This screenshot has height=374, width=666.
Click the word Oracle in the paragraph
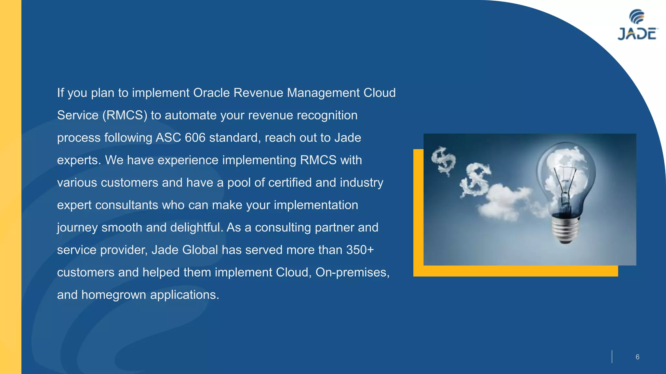pyautogui.click(x=211, y=93)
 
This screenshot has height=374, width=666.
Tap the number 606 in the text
pyautogui.click(x=195, y=138)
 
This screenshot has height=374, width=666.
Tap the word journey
pyautogui.click(x=77, y=228)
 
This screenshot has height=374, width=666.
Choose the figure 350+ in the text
pyautogui.click(x=360, y=250)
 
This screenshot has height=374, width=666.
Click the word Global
pyautogui.click(x=200, y=250)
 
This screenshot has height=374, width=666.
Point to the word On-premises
pyautogui.click(x=352, y=272)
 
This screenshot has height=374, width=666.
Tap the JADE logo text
pyautogui.click(x=637, y=34)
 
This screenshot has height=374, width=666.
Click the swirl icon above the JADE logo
pyautogui.click(x=637, y=16)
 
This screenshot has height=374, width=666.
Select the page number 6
pyautogui.click(x=637, y=357)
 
